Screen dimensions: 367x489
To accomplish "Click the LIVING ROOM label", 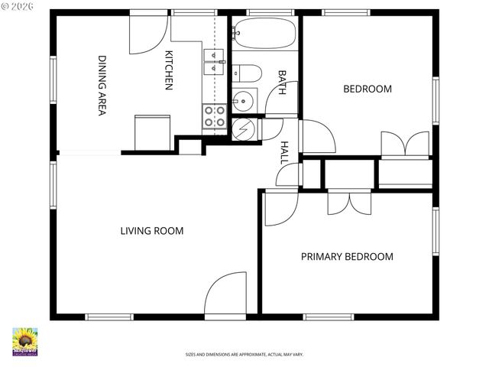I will point(151,230).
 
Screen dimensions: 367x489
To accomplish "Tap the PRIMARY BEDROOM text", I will point(346,257).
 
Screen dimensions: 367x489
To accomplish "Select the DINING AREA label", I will point(102,85).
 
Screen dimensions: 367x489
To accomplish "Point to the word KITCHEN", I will point(170,70).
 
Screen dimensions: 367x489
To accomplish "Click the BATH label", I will point(282,83).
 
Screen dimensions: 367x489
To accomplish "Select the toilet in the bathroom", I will point(246,73).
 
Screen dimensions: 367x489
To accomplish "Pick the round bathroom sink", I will point(244,100).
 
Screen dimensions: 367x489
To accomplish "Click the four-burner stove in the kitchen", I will point(214,115).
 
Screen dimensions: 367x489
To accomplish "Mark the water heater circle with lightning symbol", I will point(244,130).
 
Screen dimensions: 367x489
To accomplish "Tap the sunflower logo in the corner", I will point(24,342).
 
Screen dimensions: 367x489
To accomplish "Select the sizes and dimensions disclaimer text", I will point(244,355).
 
